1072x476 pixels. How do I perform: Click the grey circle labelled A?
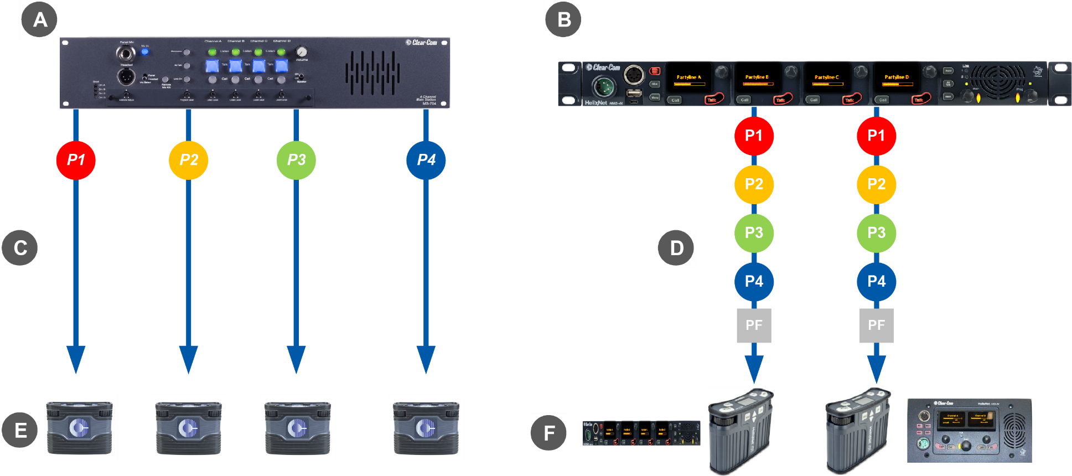[x=40, y=20]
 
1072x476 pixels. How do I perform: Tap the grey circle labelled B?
[x=563, y=20]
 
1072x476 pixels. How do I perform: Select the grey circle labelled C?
[x=20, y=248]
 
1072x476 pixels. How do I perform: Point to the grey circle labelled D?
[x=676, y=248]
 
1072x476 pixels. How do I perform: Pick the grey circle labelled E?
[x=20, y=430]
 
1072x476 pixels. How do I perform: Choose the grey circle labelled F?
[x=548, y=433]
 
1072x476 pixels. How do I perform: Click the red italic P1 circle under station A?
[x=76, y=160]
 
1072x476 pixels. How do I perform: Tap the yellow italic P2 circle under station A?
[x=189, y=160]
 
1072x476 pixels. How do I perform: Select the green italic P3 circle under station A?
[x=296, y=160]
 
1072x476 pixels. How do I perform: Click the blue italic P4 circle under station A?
[x=426, y=160]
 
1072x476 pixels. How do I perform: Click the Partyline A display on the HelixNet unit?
[x=689, y=79]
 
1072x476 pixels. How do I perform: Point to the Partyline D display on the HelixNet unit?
[x=897, y=79]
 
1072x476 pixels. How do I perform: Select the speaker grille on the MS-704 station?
[x=372, y=73]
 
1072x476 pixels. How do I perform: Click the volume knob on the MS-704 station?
[x=302, y=51]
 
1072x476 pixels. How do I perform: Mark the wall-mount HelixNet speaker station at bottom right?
[x=969, y=431]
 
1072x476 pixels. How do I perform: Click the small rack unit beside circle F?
[x=641, y=433]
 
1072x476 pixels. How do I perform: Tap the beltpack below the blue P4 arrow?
[x=426, y=427]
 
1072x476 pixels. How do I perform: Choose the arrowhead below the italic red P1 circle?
[x=76, y=359]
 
